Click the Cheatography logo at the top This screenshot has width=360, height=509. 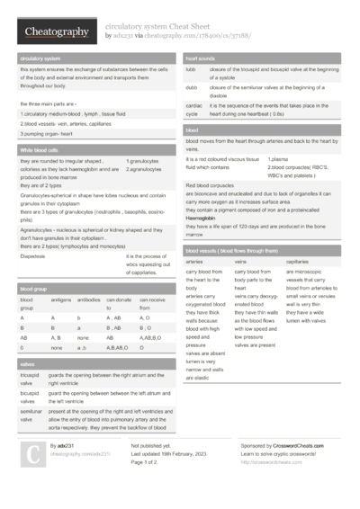56,32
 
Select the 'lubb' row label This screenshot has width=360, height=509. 191,69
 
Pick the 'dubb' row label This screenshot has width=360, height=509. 192,86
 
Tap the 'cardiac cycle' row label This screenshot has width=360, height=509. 193,109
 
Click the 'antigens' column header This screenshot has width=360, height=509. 61,299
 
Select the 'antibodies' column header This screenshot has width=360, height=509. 89,299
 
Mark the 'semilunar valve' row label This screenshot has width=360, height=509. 31,414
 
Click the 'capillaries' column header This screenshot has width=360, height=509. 297,261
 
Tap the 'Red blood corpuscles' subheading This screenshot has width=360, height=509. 213,185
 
